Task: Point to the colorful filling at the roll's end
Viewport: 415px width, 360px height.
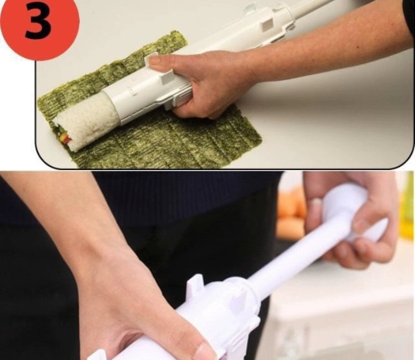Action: point(63,136)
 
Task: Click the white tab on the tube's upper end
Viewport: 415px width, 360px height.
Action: point(250,8)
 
